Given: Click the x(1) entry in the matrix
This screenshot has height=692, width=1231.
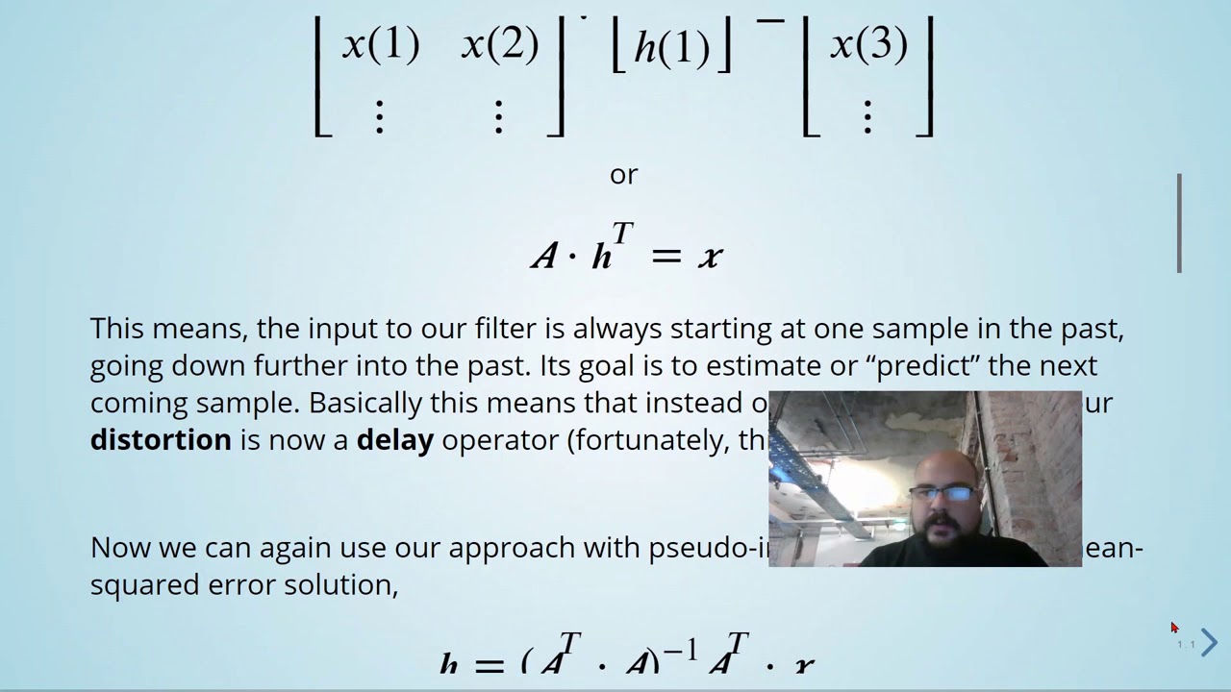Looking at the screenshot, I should pos(381,45).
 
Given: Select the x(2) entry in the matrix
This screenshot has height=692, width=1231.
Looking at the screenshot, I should pos(499,45).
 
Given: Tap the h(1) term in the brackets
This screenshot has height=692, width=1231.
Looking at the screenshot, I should pos(671,47).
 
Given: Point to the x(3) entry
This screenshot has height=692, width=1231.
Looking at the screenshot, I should pos(868,45).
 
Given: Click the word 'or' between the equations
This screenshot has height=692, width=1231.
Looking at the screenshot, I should pos(623,175).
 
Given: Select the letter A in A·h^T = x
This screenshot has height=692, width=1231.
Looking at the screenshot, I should pos(544,257).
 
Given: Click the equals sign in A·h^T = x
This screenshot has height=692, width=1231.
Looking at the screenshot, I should pos(666,257).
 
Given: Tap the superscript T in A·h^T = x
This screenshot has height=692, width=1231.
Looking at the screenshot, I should pos(622,234).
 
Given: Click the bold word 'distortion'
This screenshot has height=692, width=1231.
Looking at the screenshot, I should pos(161,440).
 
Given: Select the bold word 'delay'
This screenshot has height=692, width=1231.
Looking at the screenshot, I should pos(394,440).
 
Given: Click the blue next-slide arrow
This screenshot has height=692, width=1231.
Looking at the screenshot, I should pos(1209,642).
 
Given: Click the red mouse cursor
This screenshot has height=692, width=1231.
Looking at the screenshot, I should pos(1174,628).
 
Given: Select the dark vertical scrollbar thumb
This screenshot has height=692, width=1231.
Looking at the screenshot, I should pos(1179,223).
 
